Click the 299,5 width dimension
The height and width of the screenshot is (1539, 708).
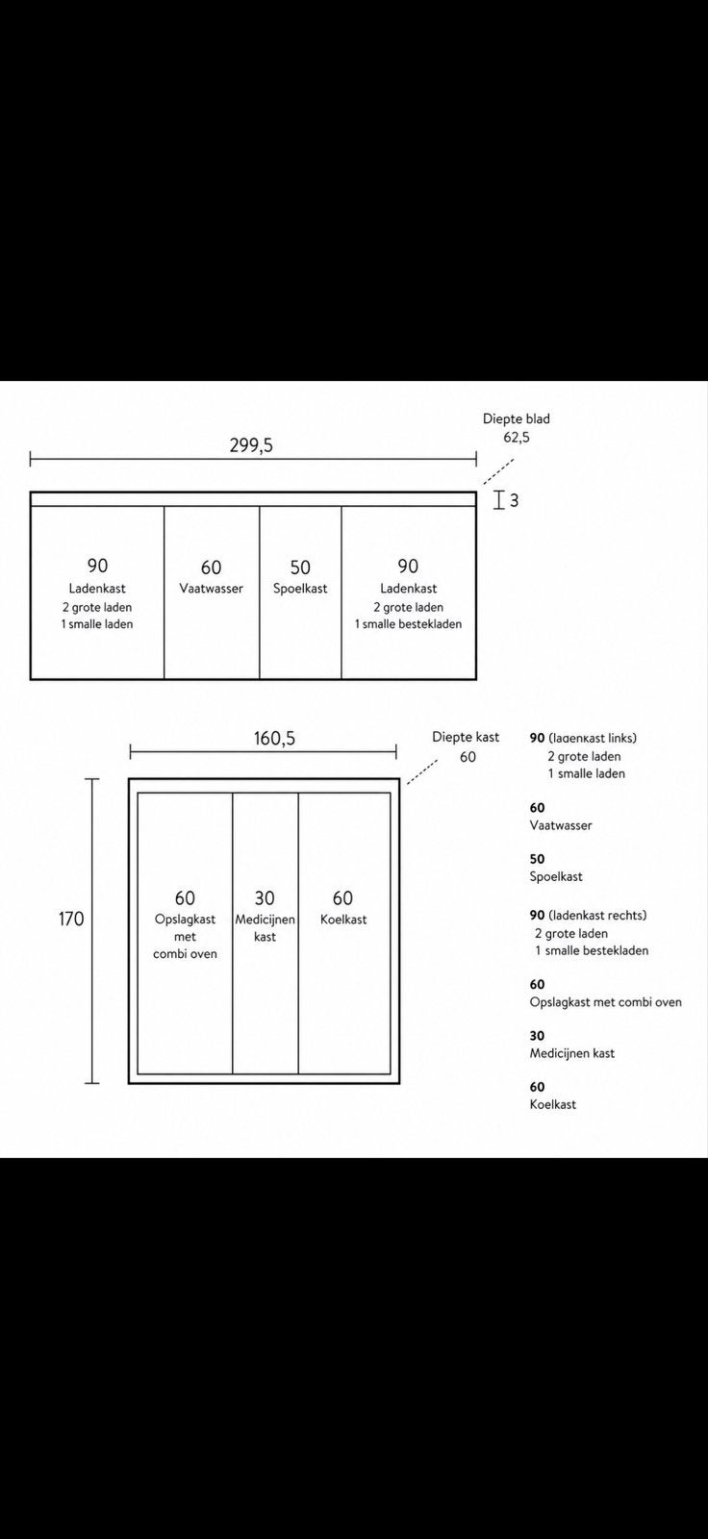(251, 445)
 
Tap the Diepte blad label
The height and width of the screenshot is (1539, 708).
(517, 418)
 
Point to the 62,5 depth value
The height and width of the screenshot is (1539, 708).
(517, 437)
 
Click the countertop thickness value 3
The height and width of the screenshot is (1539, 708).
(514, 501)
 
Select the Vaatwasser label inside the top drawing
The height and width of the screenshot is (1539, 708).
(211, 588)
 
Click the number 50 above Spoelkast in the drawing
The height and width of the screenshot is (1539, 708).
(300, 568)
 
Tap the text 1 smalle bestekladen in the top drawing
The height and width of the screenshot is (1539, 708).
(408, 624)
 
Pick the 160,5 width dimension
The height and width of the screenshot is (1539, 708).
(274, 738)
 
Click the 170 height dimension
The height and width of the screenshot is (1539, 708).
(71, 919)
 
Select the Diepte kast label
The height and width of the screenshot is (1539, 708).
(466, 737)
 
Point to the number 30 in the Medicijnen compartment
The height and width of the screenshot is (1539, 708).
(265, 898)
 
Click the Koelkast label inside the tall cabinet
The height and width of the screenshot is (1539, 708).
(343, 920)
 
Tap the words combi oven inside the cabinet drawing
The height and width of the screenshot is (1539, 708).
(185, 953)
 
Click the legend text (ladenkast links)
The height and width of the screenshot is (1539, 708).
(593, 738)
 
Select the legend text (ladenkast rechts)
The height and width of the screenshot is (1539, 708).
(598, 915)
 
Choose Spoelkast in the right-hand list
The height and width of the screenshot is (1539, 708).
(556, 876)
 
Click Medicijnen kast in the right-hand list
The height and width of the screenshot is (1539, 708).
(572, 1053)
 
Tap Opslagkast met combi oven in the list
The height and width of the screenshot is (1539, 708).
(606, 1002)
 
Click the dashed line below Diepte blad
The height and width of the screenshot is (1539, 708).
(497, 471)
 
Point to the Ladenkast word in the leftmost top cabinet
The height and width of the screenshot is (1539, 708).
(97, 588)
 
